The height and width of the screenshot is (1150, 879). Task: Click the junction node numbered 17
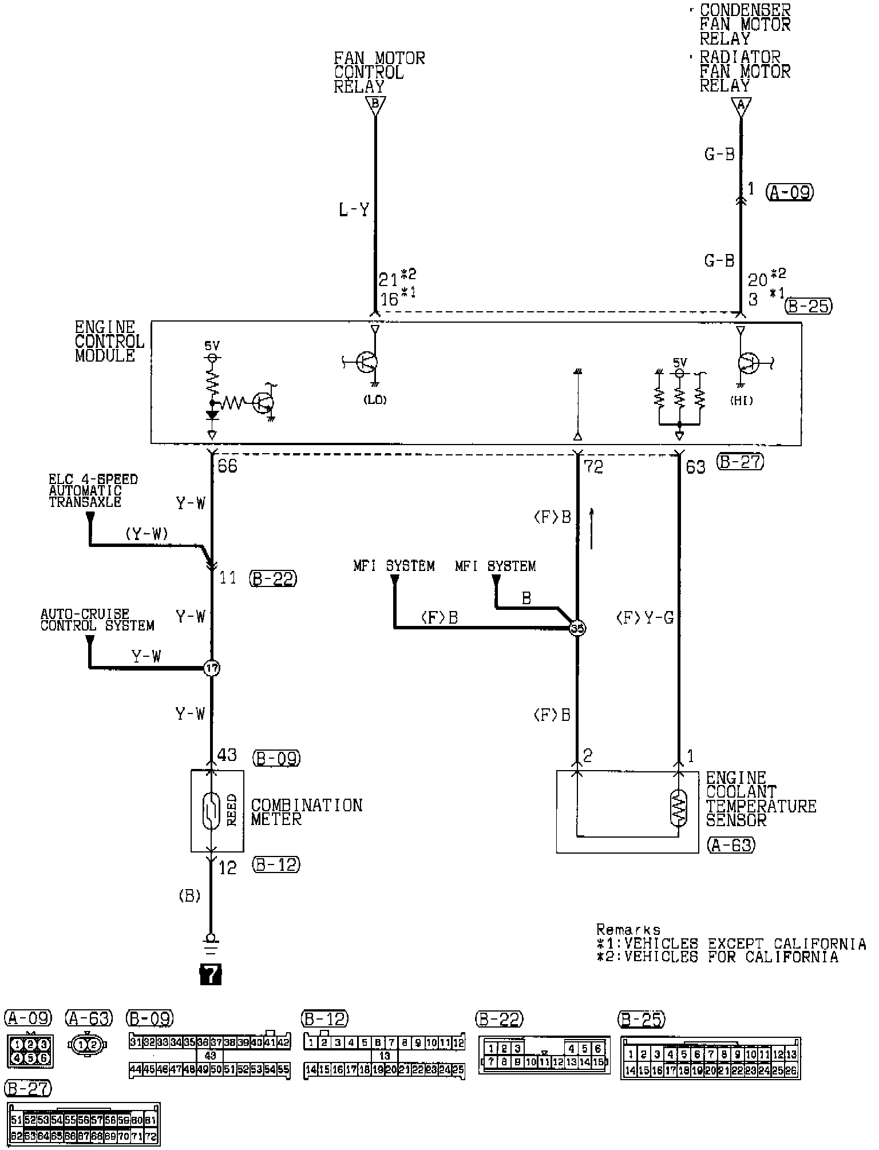212,668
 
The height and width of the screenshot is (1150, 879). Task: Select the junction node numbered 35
577,628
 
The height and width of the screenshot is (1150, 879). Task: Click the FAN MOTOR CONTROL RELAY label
379,73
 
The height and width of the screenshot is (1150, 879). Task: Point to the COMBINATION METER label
306,812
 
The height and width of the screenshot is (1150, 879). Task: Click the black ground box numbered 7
211,974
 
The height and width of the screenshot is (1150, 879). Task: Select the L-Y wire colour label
354,211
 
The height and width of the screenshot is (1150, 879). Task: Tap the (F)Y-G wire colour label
644,618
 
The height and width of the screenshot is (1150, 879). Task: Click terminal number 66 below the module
227,466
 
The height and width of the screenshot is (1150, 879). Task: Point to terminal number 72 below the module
593,467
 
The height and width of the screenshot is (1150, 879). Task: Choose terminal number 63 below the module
695,467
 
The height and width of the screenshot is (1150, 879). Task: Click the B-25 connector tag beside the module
809,306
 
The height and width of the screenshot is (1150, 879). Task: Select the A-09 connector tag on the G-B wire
790,192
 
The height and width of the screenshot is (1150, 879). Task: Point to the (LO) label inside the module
375,400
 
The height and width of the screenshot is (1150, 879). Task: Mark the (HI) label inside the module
741,401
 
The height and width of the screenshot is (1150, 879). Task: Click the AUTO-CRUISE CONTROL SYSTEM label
97,620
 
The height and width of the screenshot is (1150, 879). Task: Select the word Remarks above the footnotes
628,930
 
